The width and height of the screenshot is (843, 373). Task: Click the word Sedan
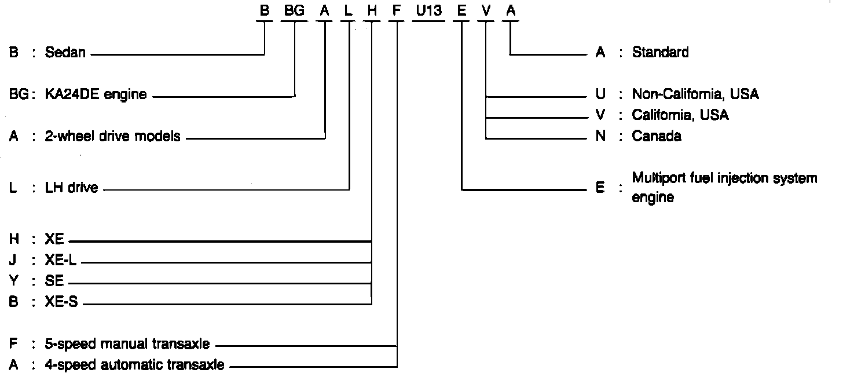pyautogui.click(x=65, y=53)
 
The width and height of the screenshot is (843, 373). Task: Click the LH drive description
pyautogui.click(x=71, y=187)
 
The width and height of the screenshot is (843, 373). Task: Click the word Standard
pyautogui.click(x=660, y=52)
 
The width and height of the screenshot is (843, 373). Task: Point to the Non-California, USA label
pyautogui.click(x=695, y=94)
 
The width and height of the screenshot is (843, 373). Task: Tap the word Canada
pyautogui.click(x=657, y=136)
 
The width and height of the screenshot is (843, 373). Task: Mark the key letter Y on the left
pyautogui.click(x=13, y=281)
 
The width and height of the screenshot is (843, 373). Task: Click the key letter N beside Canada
pyautogui.click(x=600, y=136)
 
